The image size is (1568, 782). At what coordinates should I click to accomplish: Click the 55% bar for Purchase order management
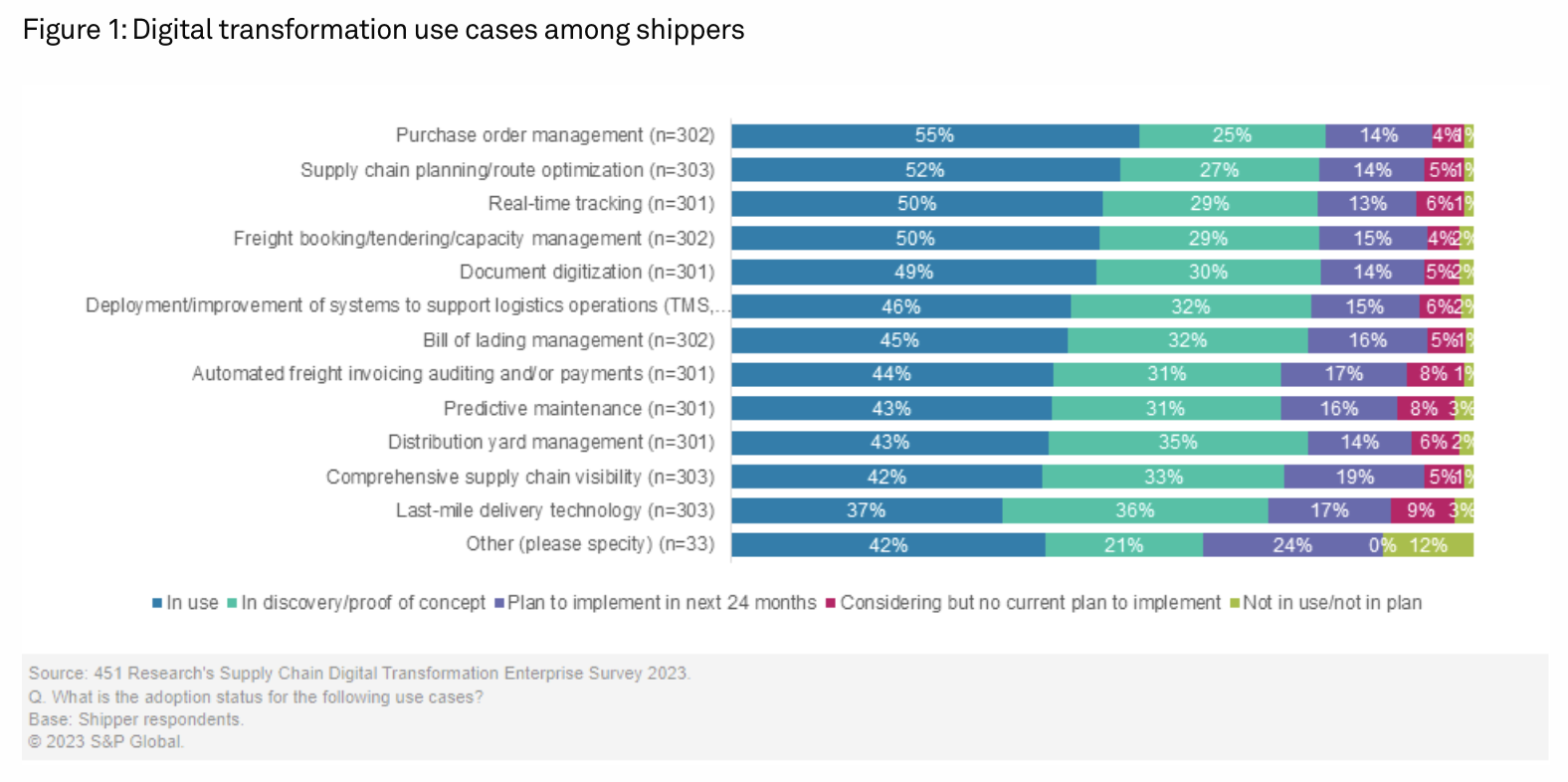tap(934, 136)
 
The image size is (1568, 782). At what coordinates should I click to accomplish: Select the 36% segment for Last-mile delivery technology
tap(1134, 511)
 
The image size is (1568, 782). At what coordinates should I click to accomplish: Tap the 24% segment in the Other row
tap(1291, 545)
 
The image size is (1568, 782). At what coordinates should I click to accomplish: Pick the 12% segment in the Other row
tap(1429, 545)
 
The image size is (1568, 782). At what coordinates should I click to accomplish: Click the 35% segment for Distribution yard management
tap(1177, 443)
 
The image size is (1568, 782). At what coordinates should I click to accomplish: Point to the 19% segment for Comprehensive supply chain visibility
tap(1353, 477)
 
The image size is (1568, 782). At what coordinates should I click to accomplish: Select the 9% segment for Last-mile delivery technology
tap(1421, 511)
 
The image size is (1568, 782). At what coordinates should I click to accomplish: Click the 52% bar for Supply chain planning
tap(924, 170)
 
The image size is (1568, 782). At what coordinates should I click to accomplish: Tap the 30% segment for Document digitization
tap(1207, 273)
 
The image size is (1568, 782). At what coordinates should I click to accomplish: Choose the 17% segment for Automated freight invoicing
tap(1343, 375)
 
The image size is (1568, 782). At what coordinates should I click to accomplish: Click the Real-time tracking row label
tap(601, 204)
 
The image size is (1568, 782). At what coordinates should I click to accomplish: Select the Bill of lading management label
tap(568, 340)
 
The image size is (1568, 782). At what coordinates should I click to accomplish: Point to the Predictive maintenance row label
tap(579, 409)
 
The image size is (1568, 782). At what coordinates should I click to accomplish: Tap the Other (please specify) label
tap(590, 544)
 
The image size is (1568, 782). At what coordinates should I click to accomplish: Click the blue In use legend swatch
tap(157, 603)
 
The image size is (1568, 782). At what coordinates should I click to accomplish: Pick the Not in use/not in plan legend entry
tap(1331, 603)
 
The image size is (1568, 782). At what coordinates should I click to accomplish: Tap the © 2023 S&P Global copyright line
tap(105, 742)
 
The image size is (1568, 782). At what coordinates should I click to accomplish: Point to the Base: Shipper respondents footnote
tap(135, 719)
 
